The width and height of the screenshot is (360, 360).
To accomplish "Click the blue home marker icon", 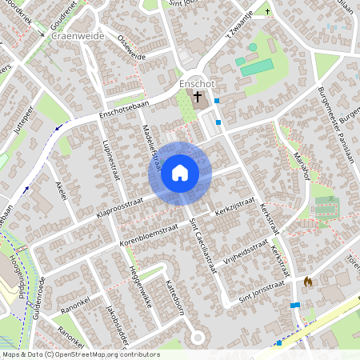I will (x=180, y=173).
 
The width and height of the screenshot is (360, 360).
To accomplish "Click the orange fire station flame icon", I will (x=308, y=282).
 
